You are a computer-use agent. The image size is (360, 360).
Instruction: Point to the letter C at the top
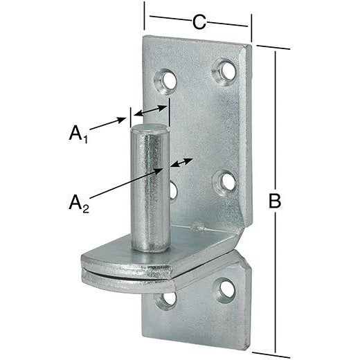pos(199,22)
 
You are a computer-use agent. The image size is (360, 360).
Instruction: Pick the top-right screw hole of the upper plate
pos(225,69)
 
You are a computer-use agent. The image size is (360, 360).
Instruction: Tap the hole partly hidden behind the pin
pos(173,188)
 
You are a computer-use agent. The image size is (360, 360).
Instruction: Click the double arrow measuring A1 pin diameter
pos(150,110)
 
